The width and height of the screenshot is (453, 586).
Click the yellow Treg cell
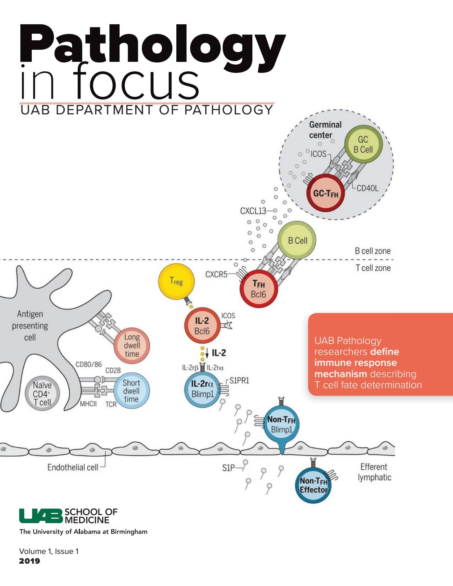click(176, 281)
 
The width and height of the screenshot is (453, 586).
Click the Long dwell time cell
click(132, 345)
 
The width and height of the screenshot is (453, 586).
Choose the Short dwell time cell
click(131, 391)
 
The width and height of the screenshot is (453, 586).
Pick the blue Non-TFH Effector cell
click(313, 485)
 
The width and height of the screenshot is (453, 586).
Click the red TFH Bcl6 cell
click(259, 289)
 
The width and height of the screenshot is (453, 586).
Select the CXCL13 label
click(253, 211)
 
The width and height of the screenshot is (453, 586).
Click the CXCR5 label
click(216, 274)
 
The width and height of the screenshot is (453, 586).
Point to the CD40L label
click(367, 188)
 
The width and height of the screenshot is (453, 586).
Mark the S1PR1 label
click(239, 380)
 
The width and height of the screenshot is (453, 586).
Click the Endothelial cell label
click(73, 467)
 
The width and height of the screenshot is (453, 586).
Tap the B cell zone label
click(372, 251)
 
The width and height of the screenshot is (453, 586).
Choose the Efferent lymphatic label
click(374, 472)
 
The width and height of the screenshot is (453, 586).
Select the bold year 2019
click(30, 561)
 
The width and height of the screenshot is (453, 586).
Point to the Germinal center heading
click(325, 130)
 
